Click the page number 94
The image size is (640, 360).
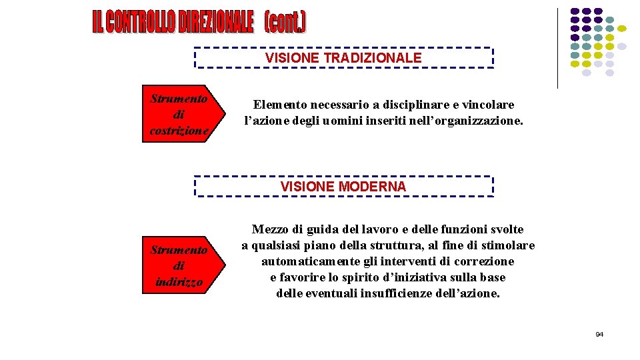(599, 334)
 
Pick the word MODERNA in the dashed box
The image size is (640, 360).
(371, 187)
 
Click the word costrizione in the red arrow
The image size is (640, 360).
(179, 131)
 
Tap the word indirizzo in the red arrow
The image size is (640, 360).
(179, 281)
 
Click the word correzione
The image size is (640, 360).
(484, 261)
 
